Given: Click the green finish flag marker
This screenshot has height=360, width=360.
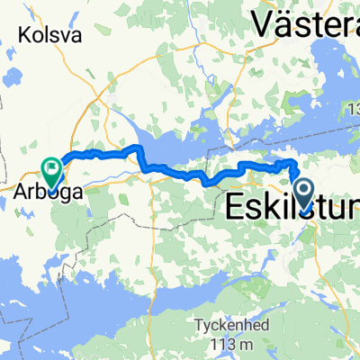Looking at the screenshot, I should [52, 167].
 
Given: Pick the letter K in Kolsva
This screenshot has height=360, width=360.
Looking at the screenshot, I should [22, 35].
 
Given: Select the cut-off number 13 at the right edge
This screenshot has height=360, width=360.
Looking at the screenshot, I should [354, 109].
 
